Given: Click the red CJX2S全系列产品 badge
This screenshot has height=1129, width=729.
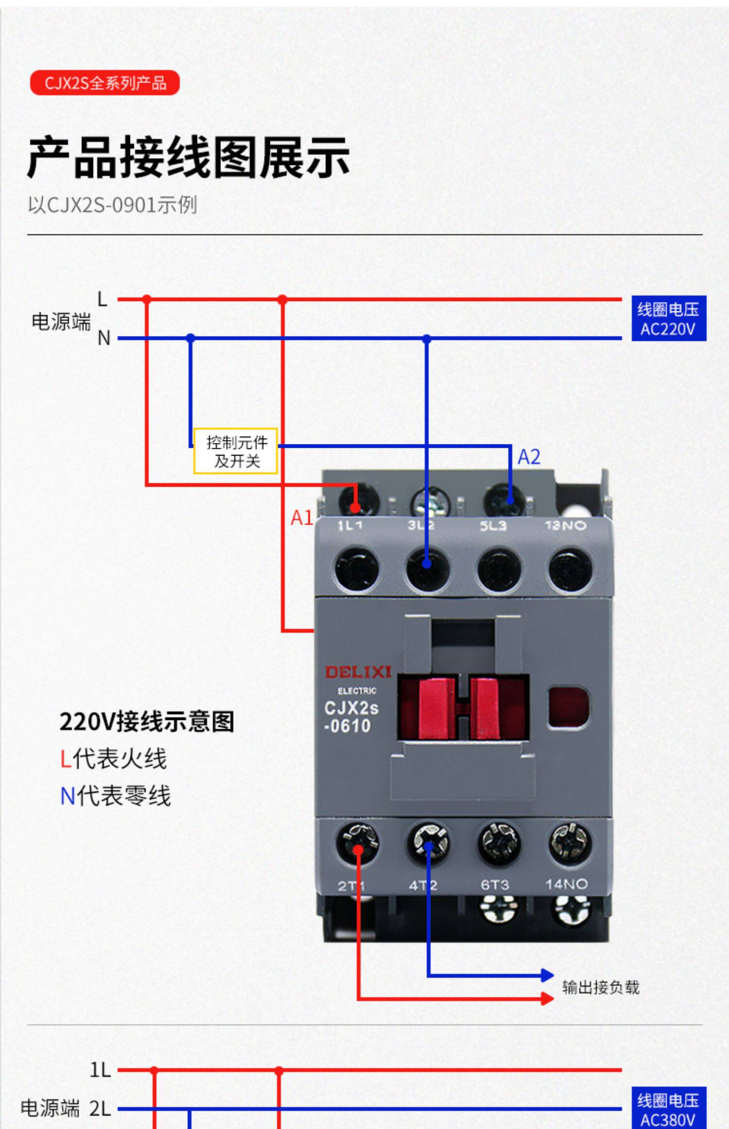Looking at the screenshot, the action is (104, 83).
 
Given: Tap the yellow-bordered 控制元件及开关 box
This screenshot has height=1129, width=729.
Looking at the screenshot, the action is (236, 451).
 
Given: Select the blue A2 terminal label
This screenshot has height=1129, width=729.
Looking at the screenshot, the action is (529, 457).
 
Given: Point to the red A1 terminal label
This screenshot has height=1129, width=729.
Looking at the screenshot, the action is (301, 518).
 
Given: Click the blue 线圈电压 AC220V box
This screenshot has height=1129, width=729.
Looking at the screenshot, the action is (669, 318).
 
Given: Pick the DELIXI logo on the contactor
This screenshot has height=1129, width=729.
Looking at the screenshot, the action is (358, 672).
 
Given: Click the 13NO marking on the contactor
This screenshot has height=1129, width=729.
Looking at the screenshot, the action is (565, 525).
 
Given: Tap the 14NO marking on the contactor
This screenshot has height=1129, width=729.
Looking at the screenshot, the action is (566, 884).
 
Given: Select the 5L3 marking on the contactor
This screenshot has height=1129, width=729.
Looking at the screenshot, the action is (493, 526).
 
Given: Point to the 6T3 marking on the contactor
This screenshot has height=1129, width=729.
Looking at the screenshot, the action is (495, 884).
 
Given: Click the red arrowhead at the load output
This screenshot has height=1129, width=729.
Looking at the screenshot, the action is (548, 999).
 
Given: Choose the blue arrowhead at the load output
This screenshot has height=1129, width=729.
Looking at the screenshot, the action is (548, 975).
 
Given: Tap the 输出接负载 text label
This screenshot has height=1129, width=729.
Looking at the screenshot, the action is (601, 988).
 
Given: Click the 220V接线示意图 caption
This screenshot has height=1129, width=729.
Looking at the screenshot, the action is (147, 722).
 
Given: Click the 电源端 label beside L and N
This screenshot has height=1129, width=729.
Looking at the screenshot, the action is (61, 321).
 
